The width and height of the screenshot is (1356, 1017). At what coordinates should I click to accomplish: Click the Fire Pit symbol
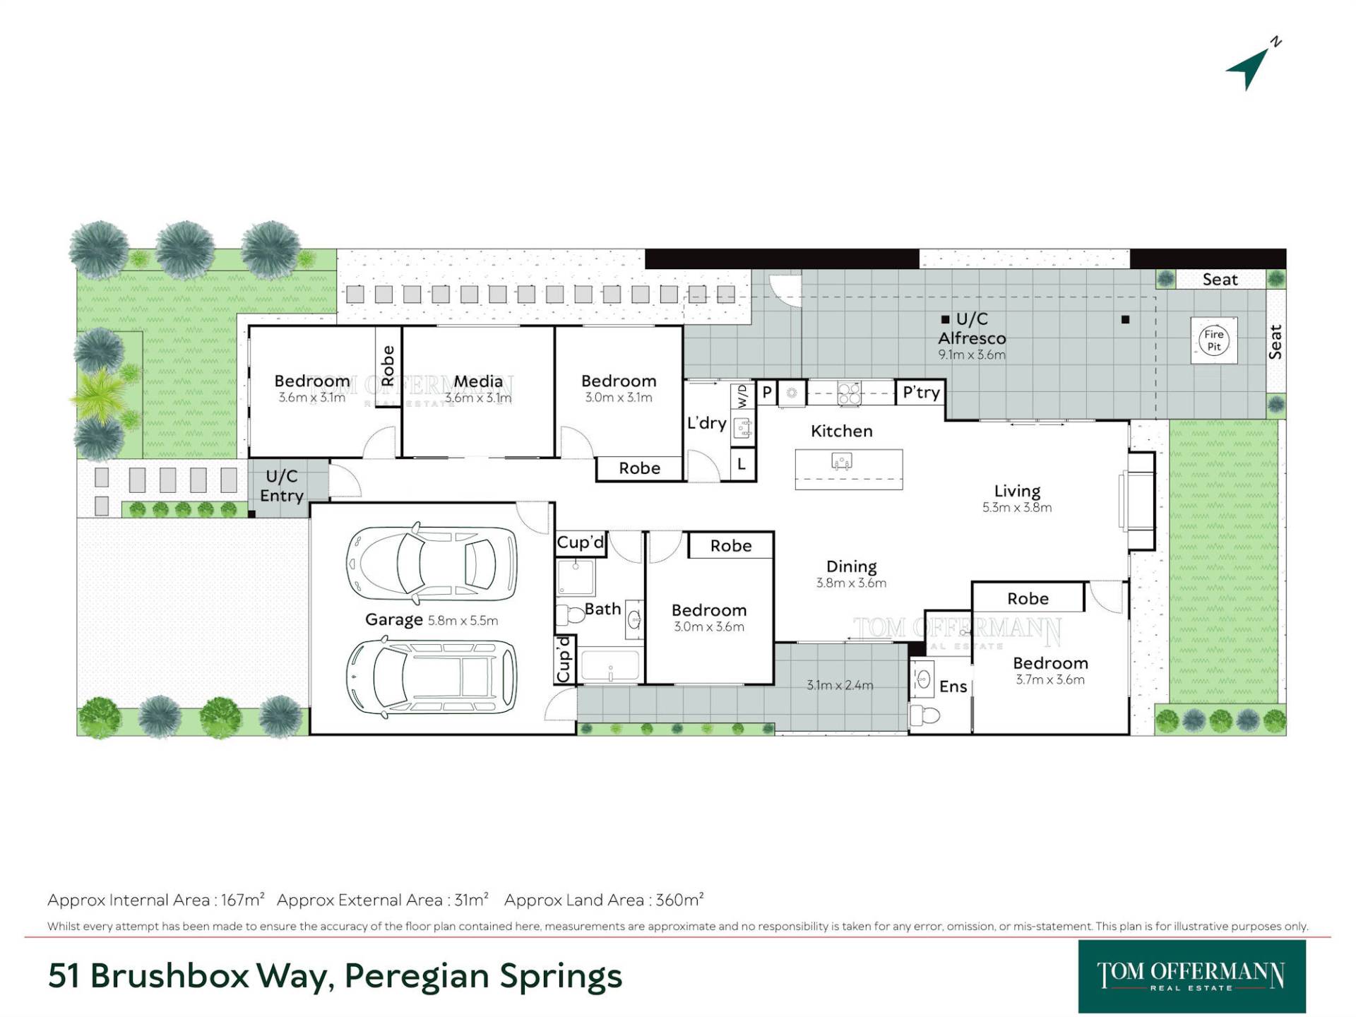(1214, 340)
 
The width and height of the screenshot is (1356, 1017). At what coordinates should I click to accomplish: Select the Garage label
(393, 619)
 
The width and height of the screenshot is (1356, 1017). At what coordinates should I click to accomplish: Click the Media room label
(478, 381)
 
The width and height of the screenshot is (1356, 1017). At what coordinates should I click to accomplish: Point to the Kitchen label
(841, 431)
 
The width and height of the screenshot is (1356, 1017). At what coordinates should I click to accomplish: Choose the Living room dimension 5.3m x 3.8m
(1017, 507)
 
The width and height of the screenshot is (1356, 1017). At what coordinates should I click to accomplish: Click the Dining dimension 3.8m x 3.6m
(851, 583)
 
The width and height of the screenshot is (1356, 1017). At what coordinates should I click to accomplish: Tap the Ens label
(953, 686)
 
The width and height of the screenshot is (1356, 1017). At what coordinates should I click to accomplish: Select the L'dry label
(707, 423)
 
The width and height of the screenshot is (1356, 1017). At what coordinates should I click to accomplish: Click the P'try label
(921, 393)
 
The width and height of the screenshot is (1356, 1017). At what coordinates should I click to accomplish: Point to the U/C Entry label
(282, 486)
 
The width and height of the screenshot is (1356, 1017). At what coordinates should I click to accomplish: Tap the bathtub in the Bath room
(611, 665)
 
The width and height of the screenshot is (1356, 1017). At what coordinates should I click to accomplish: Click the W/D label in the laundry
(742, 396)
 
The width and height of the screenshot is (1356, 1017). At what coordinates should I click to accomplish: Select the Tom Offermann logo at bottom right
(1191, 977)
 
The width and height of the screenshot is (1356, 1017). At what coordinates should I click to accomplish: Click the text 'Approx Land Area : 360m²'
(604, 900)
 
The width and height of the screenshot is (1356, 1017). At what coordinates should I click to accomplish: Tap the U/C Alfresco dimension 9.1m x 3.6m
(972, 355)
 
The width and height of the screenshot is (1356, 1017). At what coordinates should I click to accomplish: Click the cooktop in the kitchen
(849, 393)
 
